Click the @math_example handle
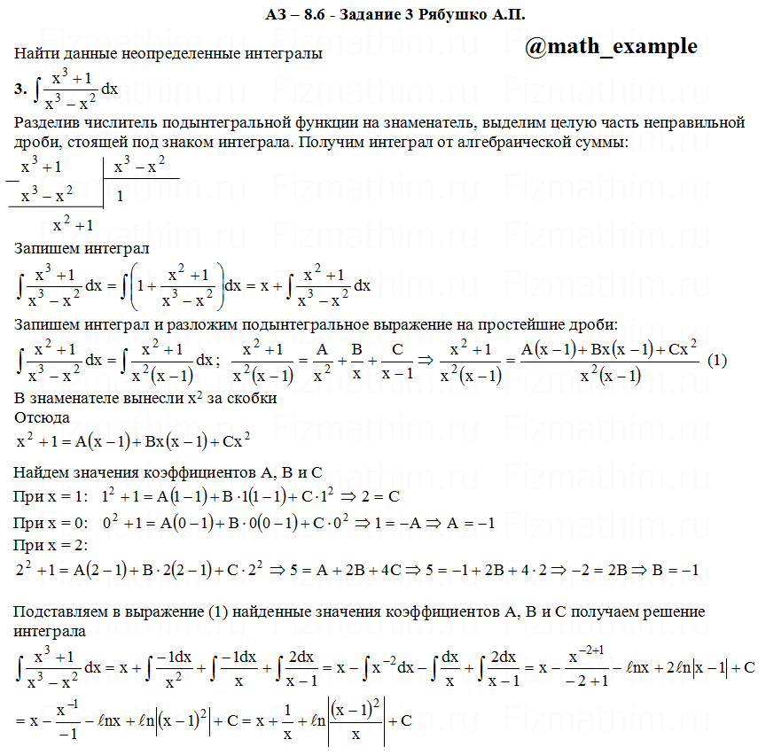click(611, 47)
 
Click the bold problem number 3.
click(20, 89)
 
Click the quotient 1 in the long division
click(119, 196)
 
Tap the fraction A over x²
click(322, 360)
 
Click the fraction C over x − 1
click(397, 360)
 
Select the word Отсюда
click(43, 416)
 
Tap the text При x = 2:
click(52, 545)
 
